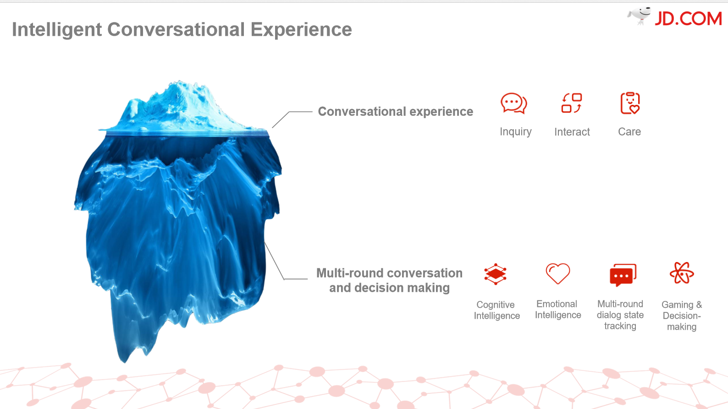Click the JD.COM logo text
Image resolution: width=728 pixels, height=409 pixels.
(x=688, y=19)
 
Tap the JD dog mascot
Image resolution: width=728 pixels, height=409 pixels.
(x=639, y=15)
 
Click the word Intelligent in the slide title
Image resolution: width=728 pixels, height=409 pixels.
(x=57, y=30)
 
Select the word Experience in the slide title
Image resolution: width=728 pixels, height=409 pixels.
(x=301, y=30)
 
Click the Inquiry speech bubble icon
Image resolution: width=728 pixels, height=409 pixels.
(x=514, y=103)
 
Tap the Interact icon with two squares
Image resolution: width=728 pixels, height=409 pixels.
(x=572, y=103)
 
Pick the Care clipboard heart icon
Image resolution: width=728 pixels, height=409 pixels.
(x=630, y=103)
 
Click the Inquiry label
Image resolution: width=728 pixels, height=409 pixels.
(x=516, y=132)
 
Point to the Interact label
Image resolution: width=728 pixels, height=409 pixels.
(x=572, y=132)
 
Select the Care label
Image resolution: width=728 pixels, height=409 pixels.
(x=629, y=131)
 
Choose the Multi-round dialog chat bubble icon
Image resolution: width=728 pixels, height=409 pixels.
(x=623, y=275)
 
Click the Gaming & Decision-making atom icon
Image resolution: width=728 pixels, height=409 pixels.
(x=682, y=273)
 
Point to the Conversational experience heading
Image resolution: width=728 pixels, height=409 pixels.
(x=396, y=111)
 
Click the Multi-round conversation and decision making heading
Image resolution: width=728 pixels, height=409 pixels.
(x=389, y=280)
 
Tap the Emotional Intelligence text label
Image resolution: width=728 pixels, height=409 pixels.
(x=558, y=309)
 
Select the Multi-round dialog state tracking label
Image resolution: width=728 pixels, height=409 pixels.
(x=620, y=315)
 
